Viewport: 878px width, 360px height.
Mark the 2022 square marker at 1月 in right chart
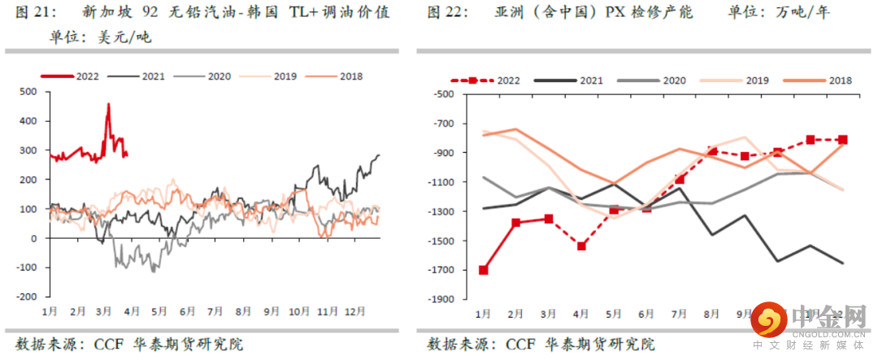coord(484,270)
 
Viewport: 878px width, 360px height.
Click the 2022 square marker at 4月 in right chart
coord(582,245)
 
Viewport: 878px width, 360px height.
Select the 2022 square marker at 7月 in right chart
coord(680,179)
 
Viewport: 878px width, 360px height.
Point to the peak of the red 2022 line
coord(109,104)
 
